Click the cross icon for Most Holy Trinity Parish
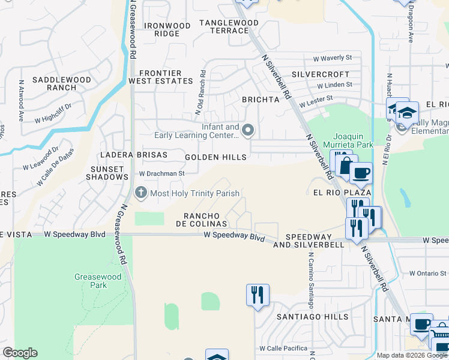tap(141, 193)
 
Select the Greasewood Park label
tap(91, 281)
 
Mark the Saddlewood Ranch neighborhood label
tap(62, 83)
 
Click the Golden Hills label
tap(215, 157)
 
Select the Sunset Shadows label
tap(107, 173)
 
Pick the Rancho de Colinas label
tap(201, 220)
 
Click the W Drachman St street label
tap(161, 173)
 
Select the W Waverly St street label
tap(332, 58)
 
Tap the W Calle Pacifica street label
tap(283, 348)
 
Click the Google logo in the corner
tap(20, 353)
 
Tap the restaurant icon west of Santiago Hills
tap(258, 295)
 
